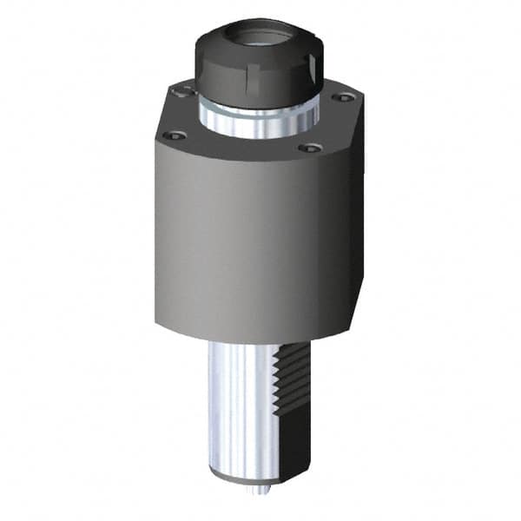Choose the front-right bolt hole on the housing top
pos(305,148)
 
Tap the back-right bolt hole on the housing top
pos(337,97)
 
